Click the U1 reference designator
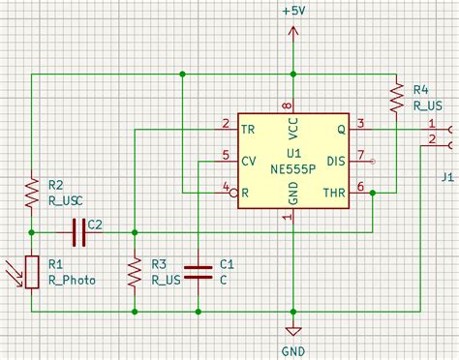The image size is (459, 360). click(x=293, y=153)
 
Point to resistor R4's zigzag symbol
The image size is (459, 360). click(x=396, y=95)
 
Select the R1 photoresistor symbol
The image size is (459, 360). click(x=32, y=271)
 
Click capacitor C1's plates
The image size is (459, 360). click(x=198, y=272)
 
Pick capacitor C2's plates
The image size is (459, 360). click(x=76, y=231)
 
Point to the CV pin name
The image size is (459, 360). click(x=248, y=160)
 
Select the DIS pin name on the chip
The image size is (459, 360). click(x=336, y=160)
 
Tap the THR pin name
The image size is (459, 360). click(x=333, y=192)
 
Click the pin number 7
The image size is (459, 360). click(x=360, y=154)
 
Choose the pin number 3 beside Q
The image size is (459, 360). click(x=360, y=123)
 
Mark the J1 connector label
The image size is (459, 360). click(x=446, y=176)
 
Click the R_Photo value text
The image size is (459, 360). click(x=72, y=280)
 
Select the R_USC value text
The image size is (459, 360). click(x=68, y=200)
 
